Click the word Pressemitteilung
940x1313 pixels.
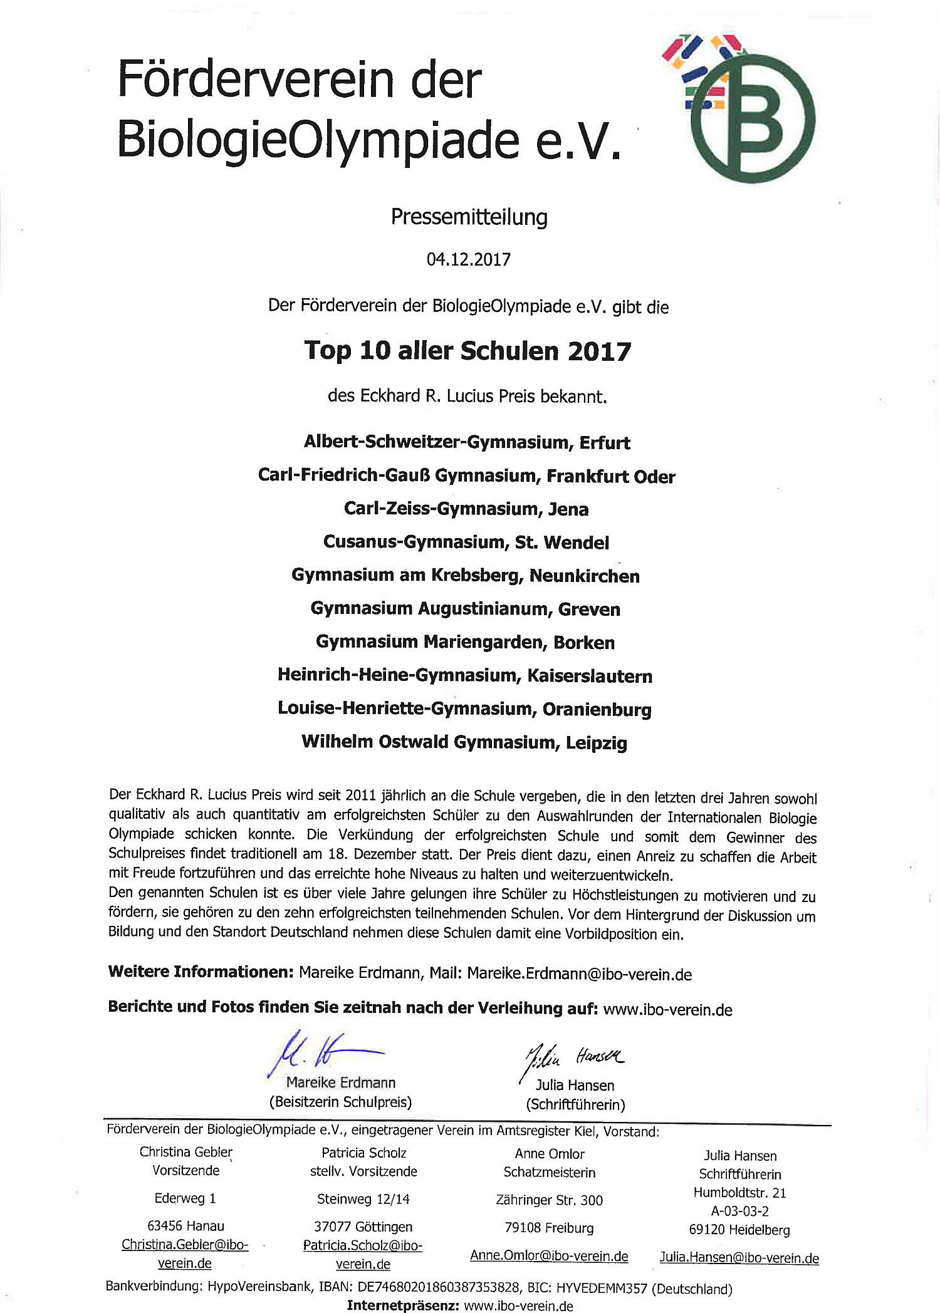pyautogui.click(x=469, y=217)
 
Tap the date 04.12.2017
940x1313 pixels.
pyautogui.click(x=469, y=259)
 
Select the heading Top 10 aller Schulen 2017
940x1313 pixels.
pyautogui.click(x=467, y=351)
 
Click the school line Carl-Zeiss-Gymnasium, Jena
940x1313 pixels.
pyautogui.click(x=466, y=509)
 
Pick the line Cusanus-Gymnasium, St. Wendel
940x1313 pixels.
pyautogui.click(x=466, y=542)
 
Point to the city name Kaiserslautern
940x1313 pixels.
pyautogui.click(x=590, y=676)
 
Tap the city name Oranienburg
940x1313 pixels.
pyautogui.click(x=597, y=709)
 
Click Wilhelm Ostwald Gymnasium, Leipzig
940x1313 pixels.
pyautogui.click(x=464, y=742)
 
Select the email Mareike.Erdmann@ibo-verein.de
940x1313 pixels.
pyautogui.click(x=580, y=974)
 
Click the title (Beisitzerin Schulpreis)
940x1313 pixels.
pyautogui.click(x=340, y=1102)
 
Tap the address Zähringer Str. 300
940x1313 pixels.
pyautogui.click(x=549, y=1200)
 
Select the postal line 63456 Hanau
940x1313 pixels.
pyautogui.click(x=185, y=1226)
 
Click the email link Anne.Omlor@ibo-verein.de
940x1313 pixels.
pyautogui.click(x=549, y=1256)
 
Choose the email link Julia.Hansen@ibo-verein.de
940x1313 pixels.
pyautogui.click(x=739, y=1258)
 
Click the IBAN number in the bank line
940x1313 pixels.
pyautogui.click(x=439, y=1287)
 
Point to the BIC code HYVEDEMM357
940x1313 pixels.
pyautogui.click(x=602, y=1288)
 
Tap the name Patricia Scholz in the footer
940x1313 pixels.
pyautogui.click(x=363, y=1153)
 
